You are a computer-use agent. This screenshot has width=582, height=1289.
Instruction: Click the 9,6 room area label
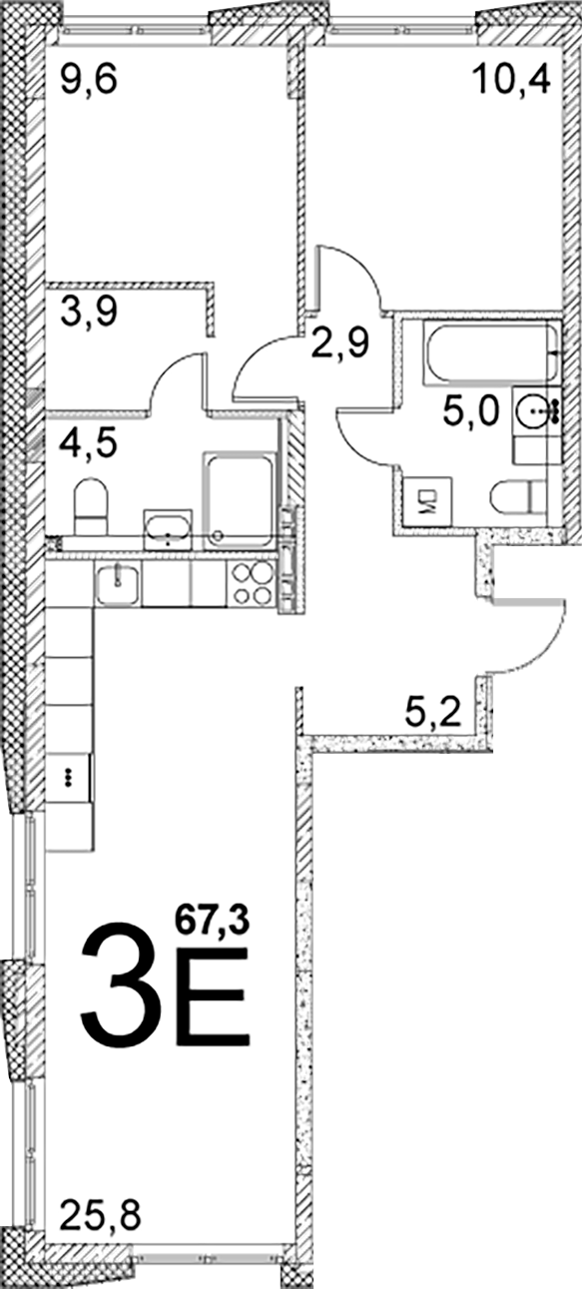89,80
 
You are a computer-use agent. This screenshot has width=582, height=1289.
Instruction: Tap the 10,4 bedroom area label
512,79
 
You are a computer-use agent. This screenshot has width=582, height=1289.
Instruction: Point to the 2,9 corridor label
339,344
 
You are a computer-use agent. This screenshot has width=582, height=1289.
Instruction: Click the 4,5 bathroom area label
89,443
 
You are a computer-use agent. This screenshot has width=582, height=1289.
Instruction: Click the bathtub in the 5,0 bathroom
490,352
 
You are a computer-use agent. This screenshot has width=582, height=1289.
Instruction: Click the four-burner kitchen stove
252,583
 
